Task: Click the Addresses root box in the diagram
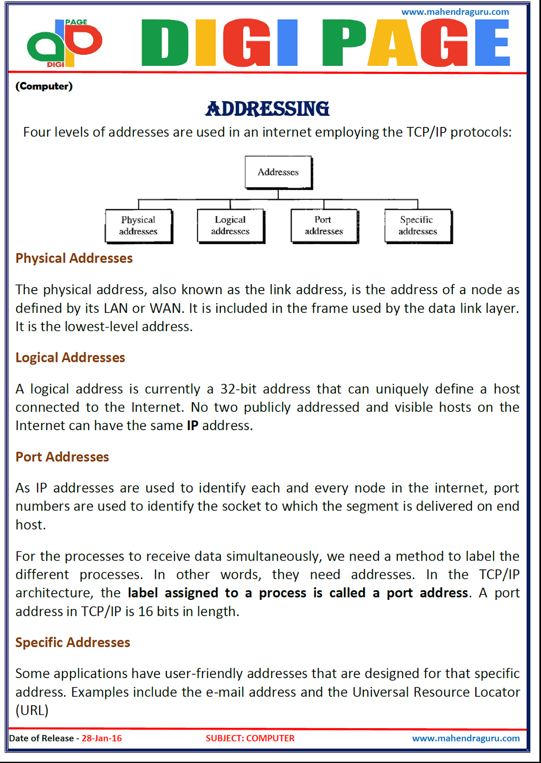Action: (278, 172)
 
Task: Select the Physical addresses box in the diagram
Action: (138, 226)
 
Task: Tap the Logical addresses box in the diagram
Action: (230, 226)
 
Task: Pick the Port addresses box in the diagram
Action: (324, 226)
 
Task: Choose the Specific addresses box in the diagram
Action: (418, 226)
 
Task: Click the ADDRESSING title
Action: (267, 109)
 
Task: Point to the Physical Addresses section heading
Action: (74, 258)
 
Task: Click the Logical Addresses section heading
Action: (70, 358)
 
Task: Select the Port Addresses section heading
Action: (62, 457)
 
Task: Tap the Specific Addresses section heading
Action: (72, 642)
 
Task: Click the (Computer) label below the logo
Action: (44, 86)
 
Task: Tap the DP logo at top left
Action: (64, 43)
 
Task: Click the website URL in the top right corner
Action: (455, 12)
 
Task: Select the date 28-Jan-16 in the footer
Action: (102, 738)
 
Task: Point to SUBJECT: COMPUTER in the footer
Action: (250, 738)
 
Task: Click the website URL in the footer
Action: (466, 738)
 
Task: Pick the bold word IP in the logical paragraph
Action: (192, 425)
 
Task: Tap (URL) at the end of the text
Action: (32, 711)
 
